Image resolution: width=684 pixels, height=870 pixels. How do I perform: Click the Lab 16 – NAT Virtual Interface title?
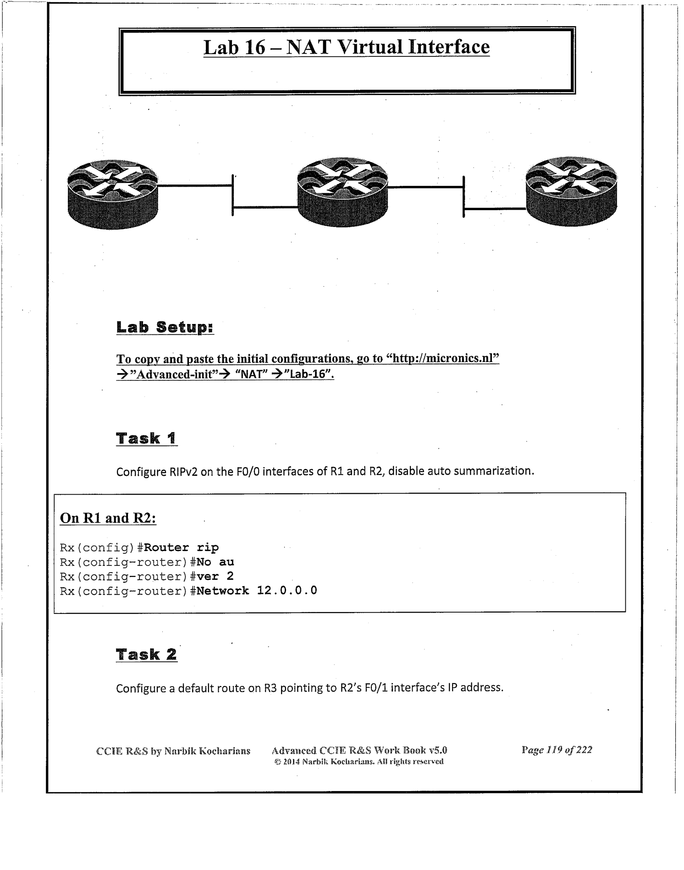(347, 47)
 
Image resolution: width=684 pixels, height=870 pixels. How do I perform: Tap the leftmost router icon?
(113, 194)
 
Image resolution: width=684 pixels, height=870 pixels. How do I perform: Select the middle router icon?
(342, 192)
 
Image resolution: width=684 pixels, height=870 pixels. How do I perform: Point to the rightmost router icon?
(571, 191)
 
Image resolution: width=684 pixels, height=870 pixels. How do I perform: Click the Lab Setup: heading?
(165, 328)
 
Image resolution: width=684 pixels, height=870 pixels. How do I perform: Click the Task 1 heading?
(146, 438)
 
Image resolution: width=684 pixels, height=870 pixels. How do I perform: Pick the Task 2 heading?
(146, 654)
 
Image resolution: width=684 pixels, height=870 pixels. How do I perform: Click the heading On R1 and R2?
(108, 518)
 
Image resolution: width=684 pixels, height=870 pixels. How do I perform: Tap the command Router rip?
(182, 547)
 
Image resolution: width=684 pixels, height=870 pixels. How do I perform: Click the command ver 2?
(215, 576)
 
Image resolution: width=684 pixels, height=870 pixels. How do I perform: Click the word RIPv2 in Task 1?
(183, 472)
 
